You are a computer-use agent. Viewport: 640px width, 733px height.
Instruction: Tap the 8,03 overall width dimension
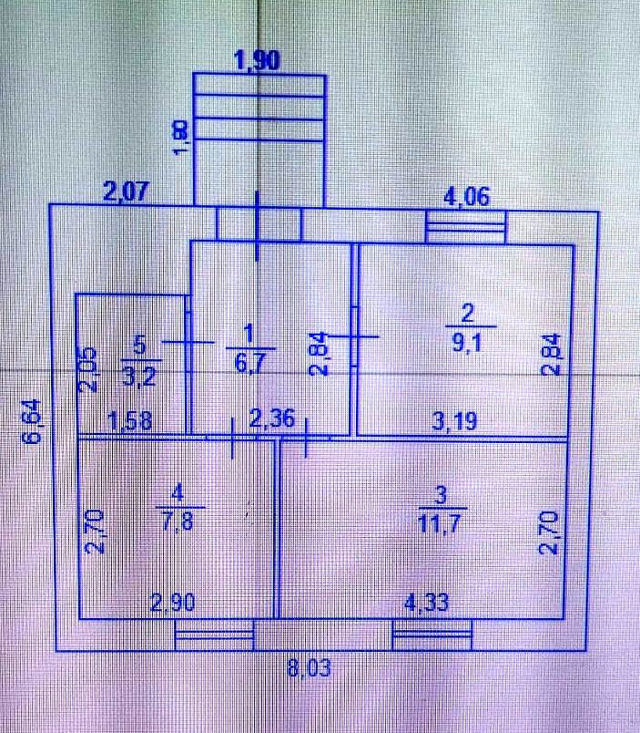click(x=308, y=668)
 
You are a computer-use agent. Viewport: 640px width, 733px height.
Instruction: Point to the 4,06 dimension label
click(x=465, y=195)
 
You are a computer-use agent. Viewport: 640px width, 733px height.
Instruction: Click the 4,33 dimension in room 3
click(x=427, y=603)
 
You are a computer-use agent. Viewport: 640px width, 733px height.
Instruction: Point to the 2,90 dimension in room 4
click(x=170, y=603)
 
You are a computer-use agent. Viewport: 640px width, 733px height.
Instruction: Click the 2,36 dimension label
click(x=270, y=419)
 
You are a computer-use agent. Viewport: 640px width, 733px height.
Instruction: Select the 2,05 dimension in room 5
click(x=87, y=370)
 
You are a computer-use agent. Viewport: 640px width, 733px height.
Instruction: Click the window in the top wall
click(x=465, y=225)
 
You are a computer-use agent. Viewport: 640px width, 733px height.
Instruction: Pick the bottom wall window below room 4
click(x=214, y=635)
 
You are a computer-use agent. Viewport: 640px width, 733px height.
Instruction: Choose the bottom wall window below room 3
click(x=432, y=635)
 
